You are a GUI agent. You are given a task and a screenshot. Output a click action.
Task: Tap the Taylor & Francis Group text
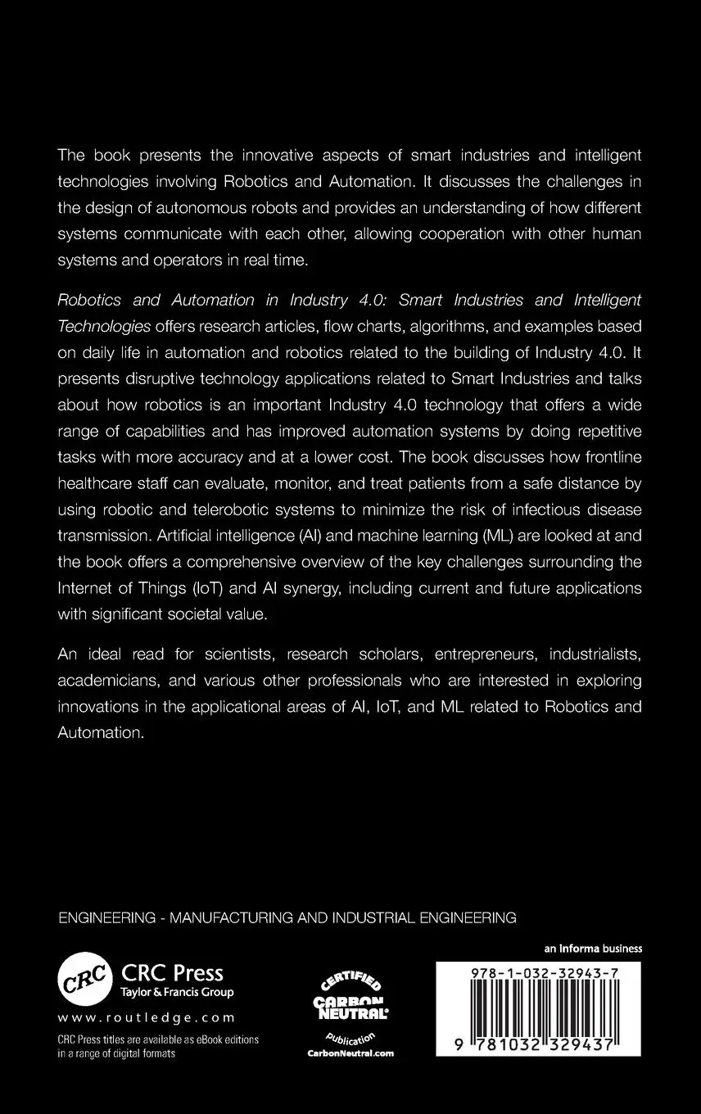point(178,992)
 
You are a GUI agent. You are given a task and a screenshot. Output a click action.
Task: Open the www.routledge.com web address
point(147,1017)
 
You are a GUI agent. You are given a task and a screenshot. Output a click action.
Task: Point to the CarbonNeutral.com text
point(350,1053)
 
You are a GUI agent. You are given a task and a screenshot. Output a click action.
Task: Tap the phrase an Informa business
point(593,949)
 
